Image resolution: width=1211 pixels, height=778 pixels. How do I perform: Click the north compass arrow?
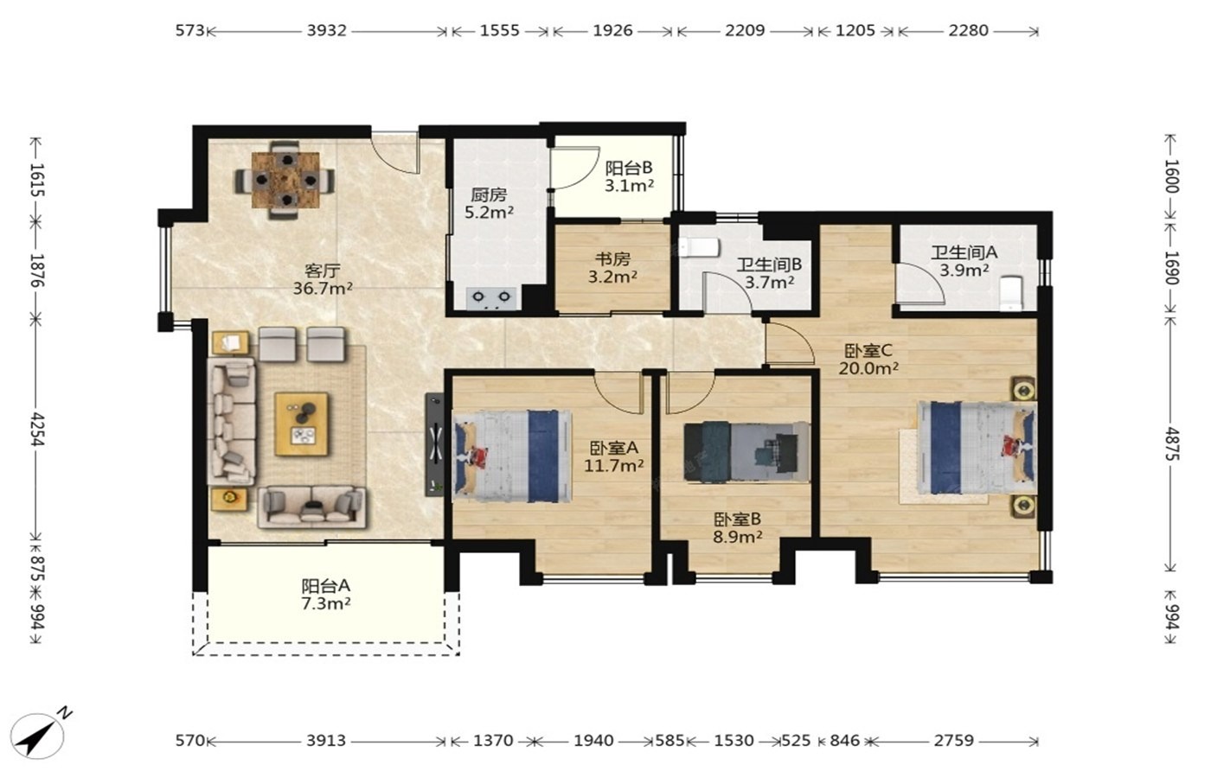coord(36,736)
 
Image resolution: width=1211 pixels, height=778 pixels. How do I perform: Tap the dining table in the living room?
coord(285,180)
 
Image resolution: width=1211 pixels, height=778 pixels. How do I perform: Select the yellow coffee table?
coord(301,424)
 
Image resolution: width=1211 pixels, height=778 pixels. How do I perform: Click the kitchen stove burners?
coord(491,297)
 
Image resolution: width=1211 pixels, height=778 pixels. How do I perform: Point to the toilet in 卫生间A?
coord(1011,293)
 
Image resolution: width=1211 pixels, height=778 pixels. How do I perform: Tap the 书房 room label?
coord(612,258)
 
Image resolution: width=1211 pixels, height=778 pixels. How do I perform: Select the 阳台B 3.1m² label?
coord(629,176)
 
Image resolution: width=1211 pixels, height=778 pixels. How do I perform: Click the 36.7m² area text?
coord(323,289)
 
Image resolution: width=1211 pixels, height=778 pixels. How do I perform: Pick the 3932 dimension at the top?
coord(327,30)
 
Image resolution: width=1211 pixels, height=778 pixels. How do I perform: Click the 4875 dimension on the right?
coord(1171,443)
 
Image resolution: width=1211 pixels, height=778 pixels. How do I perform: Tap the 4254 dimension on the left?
coord(36,429)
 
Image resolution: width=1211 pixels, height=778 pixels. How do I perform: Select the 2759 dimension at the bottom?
coord(953,740)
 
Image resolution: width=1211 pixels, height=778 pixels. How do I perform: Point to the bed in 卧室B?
coord(746,452)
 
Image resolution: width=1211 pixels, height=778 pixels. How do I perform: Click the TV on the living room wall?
coord(434,444)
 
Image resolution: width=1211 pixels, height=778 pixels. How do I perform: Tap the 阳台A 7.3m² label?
coord(326,595)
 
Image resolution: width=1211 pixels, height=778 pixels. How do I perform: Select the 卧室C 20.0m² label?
coord(868,360)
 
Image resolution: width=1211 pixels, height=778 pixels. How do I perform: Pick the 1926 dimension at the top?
coord(612,30)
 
